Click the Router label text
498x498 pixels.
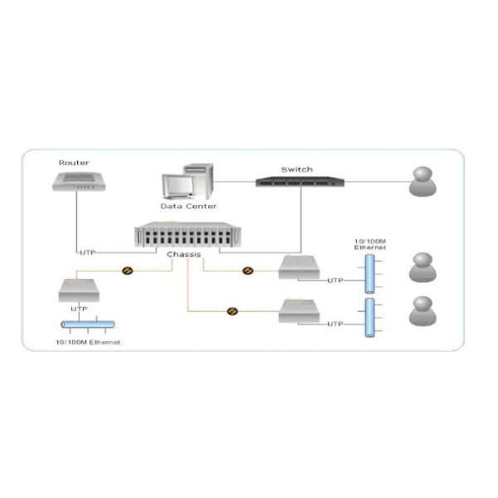tap(74, 164)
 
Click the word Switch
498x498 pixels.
tap(296, 169)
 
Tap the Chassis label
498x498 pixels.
tap(183, 254)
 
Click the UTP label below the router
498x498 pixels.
tap(87, 251)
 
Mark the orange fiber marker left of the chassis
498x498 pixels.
tap(127, 271)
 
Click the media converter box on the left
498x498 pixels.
tap(79, 290)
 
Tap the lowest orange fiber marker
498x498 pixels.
tap(232, 311)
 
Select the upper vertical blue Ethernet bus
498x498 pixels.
tap(368, 274)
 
